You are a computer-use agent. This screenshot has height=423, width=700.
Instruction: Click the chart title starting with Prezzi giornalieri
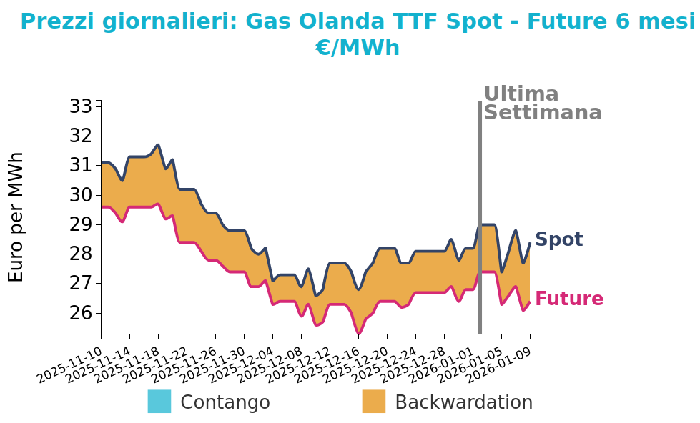(x=357, y=22)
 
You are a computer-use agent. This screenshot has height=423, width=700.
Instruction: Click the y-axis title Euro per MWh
(x=16, y=217)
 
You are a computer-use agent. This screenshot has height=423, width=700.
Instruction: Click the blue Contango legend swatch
(x=159, y=402)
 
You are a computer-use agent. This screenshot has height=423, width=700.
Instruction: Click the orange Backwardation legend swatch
(x=373, y=402)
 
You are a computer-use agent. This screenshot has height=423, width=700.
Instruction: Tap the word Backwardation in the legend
(x=463, y=402)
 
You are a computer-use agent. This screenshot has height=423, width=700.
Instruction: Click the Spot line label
(x=558, y=240)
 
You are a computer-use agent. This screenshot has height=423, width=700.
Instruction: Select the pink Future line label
(x=568, y=299)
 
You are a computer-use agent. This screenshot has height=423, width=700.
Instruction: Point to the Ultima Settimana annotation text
(x=542, y=104)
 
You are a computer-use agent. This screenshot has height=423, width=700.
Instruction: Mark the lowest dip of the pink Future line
(x=358, y=333)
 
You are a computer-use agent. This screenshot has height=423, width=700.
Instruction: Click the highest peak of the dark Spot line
(x=158, y=145)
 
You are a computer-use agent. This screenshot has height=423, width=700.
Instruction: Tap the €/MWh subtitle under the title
(x=357, y=48)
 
